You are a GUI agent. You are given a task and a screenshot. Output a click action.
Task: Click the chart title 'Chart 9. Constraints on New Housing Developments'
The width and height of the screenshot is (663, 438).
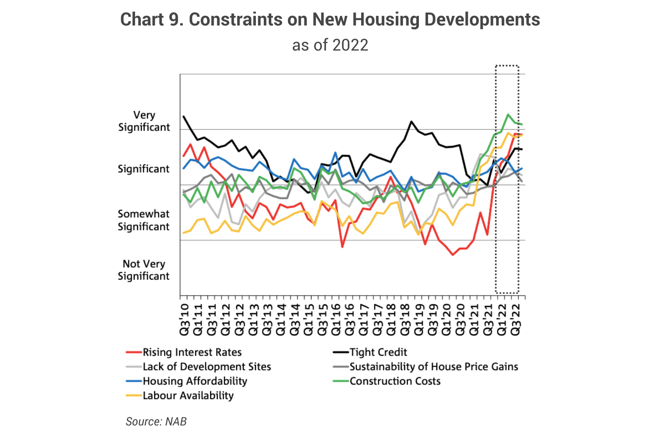pos(330,20)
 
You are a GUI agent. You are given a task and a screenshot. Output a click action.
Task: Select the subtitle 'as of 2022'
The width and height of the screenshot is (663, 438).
pos(330,45)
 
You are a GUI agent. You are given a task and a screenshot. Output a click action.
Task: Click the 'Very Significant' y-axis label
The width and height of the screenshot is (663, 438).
pos(144,121)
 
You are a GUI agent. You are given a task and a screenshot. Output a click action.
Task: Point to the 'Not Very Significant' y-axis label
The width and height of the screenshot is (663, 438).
pos(143,270)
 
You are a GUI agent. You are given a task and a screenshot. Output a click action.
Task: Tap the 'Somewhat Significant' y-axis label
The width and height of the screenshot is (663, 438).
pos(143,220)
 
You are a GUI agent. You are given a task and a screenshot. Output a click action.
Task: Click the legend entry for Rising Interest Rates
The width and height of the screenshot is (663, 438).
pos(192,352)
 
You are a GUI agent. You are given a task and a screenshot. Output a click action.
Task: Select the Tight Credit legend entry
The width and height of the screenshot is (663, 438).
pos(378,352)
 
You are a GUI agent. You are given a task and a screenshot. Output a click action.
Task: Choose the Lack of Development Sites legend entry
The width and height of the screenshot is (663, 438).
pos(207,367)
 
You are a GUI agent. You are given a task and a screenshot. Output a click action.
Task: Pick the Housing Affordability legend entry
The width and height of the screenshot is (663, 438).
pos(195,381)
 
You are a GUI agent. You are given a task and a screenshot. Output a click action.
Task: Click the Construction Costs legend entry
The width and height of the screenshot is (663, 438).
pos(395,381)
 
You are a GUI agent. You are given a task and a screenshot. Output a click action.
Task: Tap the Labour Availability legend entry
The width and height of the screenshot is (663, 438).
pos(188,396)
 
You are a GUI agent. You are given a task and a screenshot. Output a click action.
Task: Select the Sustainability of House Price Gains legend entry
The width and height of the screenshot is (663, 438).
pos(433,367)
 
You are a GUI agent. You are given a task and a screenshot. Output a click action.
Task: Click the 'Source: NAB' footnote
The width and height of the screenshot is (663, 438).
pos(156,421)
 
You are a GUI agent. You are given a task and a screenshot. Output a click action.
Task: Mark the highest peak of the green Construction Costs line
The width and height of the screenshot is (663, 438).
pos(508,115)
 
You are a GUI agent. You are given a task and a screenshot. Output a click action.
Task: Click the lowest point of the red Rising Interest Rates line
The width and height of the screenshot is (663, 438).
pos(453,255)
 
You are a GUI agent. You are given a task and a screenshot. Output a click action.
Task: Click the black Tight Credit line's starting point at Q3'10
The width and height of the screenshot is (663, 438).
pos(184,116)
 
